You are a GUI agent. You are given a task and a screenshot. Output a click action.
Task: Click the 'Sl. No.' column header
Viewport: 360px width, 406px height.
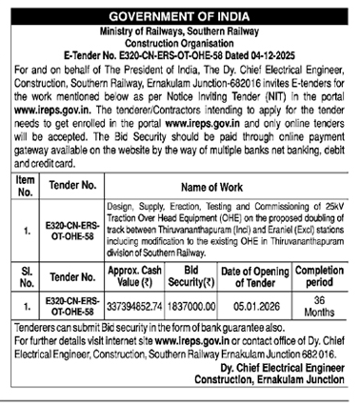click(x=19, y=276)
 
